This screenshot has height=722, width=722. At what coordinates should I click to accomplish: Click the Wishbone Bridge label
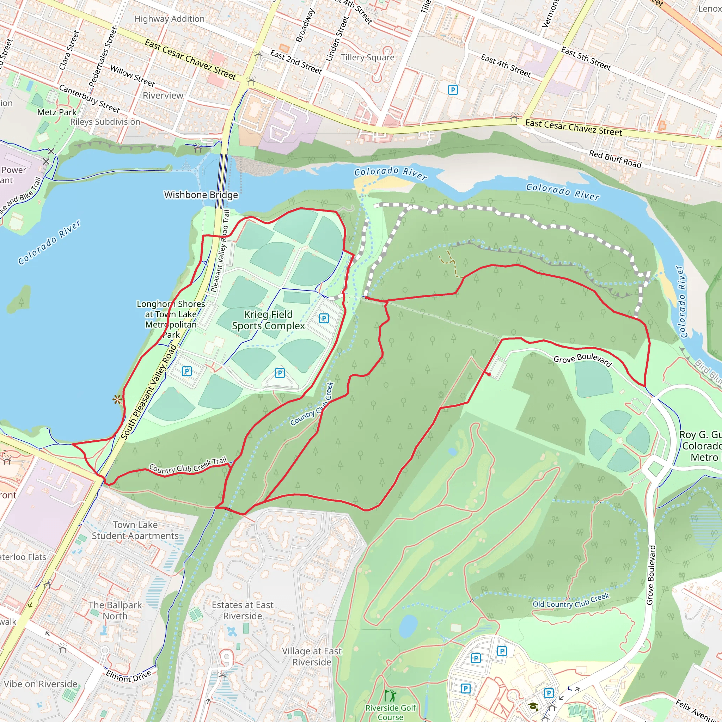coord(201,195)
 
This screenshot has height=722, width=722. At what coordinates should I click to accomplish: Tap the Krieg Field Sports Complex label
coord(268,320)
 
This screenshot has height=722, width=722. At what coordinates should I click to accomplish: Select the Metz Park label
coord(57,112)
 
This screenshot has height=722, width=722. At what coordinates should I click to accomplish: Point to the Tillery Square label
coord(367,57)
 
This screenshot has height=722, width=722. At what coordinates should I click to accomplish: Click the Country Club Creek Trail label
coord(188,466)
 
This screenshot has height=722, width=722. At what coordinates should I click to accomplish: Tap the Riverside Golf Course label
coord(391,712)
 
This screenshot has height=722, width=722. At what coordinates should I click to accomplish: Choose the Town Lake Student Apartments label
coord(135,530)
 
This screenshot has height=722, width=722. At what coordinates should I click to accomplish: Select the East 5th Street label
coord(586,59)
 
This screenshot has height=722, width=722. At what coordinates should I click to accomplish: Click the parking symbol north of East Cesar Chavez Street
coord(453,90)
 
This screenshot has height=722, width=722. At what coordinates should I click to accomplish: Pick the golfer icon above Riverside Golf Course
coord(390,696)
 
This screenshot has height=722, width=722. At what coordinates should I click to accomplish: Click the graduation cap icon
coord(533,706)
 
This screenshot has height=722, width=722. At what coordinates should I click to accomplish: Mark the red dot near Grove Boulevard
coord(489,374)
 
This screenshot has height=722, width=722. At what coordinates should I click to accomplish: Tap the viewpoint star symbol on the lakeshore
coord(117,399)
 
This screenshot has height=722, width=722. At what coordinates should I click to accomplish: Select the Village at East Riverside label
coord(312,656)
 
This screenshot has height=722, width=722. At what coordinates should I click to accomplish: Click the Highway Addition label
coord(169,19)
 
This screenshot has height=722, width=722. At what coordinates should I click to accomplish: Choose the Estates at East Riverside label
coord(243,610)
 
